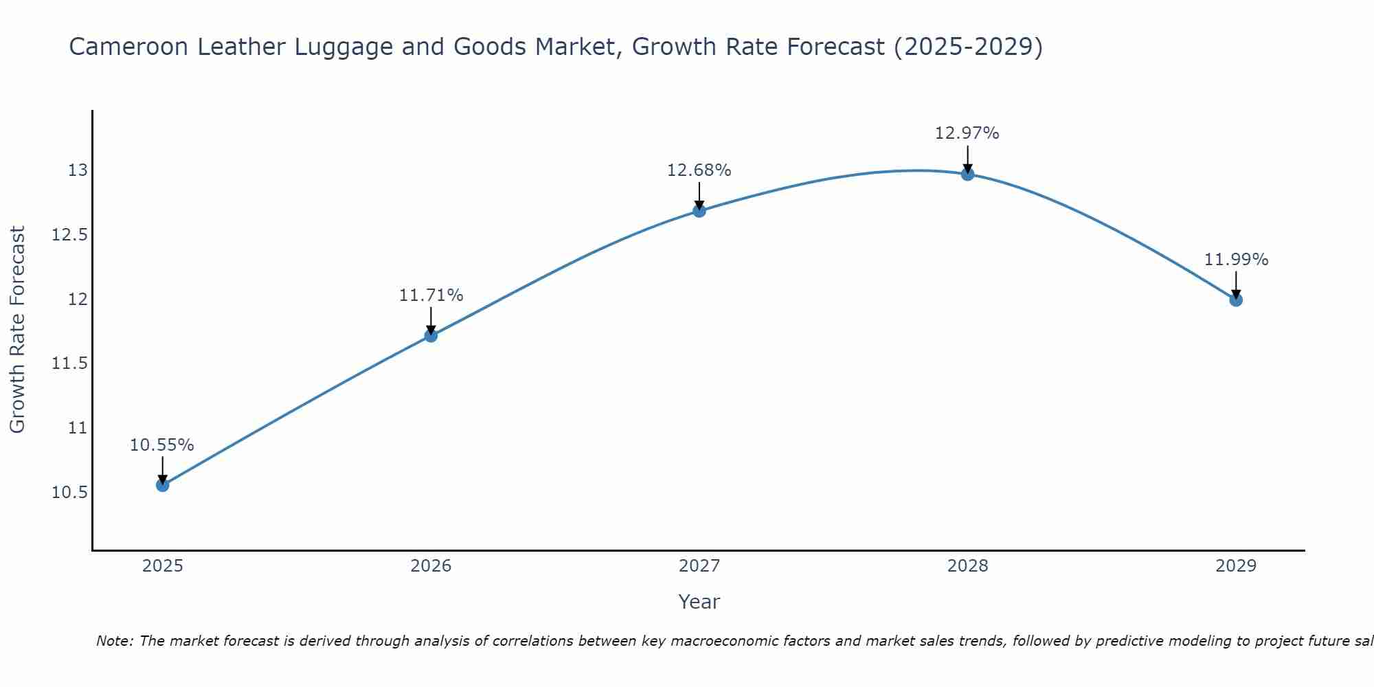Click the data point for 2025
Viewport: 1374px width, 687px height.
(162, 485)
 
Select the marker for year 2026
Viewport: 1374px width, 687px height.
(431, 335)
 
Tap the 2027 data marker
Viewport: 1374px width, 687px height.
(699, 210)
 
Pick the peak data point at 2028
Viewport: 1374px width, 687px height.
(967, 173)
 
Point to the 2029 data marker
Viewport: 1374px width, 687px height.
(1235, 300)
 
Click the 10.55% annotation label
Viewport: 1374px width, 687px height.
(162, 445)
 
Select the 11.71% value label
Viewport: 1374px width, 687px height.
(431, 295)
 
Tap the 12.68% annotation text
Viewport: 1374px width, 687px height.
(699, 170)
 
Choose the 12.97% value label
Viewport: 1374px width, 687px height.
(967, 133)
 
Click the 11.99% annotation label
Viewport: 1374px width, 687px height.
(1236, 260)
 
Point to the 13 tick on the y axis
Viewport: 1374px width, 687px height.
(78, 170)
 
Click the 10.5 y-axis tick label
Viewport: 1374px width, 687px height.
(69, 493)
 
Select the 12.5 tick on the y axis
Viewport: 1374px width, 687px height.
(69, 235)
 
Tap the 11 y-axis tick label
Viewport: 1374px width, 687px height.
(78, 428)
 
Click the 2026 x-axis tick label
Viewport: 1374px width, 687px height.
(431, 566)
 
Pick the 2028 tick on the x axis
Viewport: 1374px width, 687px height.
(967, 566)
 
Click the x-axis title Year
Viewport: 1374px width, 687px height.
(699, 602)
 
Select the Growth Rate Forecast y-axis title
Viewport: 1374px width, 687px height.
(17, 330)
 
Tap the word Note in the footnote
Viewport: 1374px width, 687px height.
(113, 641)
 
